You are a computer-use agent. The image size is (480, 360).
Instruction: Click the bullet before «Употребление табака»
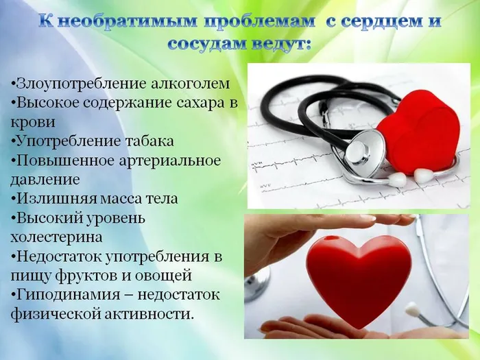pyautogui.click(x=13, y=141)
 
